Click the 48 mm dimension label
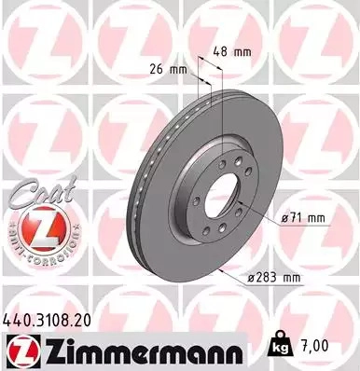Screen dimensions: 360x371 point(232,51)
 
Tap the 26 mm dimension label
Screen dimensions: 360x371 point(169,69)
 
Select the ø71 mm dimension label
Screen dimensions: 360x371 point(303,218)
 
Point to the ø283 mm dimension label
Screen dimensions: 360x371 point(274,277)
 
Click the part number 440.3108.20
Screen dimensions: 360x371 point(48,320)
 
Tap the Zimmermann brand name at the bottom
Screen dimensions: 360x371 point(142,351)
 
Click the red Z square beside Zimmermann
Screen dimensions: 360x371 point(22,351)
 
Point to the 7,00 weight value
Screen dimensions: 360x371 point(312,346)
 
